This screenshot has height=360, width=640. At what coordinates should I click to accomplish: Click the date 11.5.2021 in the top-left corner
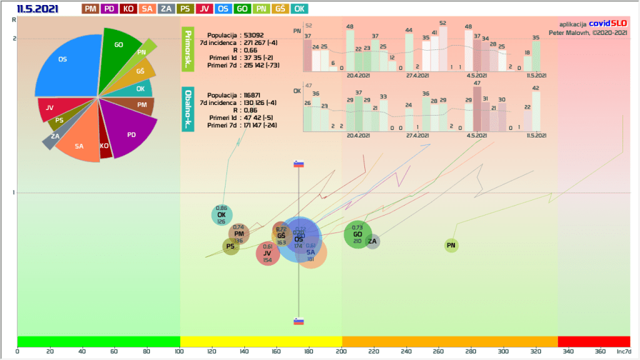tap(38, 9)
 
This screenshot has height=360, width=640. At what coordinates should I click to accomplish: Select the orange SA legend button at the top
tap(147, 9)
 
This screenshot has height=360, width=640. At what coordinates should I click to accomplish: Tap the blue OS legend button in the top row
tap(222, 9)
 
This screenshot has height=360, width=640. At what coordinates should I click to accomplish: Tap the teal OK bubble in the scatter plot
tap(221, 216)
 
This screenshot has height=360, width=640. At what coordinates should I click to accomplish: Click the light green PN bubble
tap(451, 246)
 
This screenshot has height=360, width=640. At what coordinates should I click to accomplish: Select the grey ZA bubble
tap(372, 241)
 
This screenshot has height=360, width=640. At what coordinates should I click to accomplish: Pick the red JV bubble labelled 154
tap(267, 254)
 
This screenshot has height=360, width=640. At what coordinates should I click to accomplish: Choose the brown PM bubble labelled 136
tap(239, 234)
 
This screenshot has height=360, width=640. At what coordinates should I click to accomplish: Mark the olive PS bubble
tap(231, 246)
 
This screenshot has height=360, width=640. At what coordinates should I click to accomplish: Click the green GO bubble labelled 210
tap(357, 236)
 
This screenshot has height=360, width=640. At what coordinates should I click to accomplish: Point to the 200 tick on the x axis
tap(342, 352)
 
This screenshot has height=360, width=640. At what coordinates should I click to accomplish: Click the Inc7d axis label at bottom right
tap(624, 352)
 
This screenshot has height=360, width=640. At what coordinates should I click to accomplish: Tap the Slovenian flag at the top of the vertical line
tap(299, 164)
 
